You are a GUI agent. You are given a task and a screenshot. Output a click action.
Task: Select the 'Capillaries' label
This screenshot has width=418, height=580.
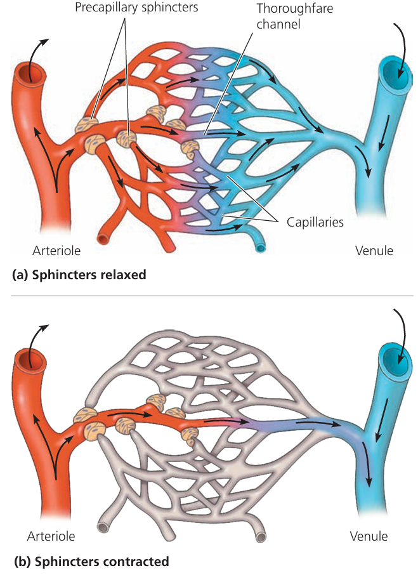(x=315, y=223)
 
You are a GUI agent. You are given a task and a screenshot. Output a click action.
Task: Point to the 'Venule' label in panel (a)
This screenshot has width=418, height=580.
(x=374, y=250)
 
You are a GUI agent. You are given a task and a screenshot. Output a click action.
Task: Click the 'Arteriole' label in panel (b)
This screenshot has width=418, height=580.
(x=51, y=536)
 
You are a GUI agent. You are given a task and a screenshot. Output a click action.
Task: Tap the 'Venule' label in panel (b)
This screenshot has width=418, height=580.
(x=369, y=536)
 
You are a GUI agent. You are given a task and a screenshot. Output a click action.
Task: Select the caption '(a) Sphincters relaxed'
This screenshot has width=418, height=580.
(x=79, y=275)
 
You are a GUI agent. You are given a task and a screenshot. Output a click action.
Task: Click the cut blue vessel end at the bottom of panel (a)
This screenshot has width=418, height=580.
(x=261, y=247)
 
